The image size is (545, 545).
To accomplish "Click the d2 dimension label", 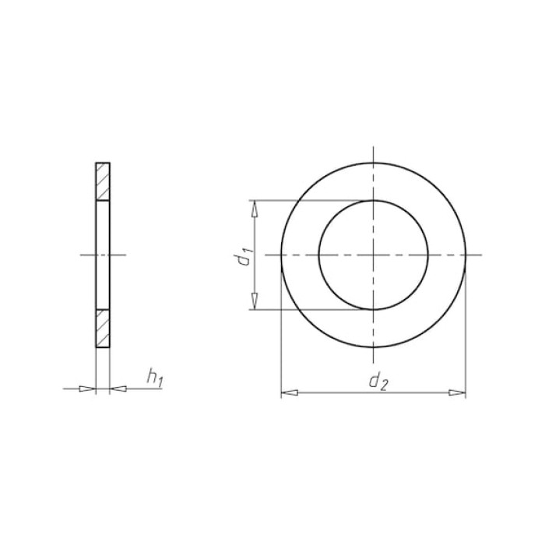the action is pyautogui.click(x=378, y=382).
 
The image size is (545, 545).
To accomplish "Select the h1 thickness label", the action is pyautogui.click(x=154, y=378).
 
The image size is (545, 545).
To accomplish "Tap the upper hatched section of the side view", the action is pyautogui.click(x=103, y=181).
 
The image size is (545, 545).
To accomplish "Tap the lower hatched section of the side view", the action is pyautogui.click(x=103, y=328).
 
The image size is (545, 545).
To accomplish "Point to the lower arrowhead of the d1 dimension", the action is pyautogui.click(x=255, y=301).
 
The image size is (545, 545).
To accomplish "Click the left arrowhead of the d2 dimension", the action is pyautogui.click(x=289, y=392).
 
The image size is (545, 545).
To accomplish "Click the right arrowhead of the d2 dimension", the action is pyautogui.click(x=457, y=392).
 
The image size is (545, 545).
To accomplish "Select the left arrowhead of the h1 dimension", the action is pyautogui.click(x=87, y=389).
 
